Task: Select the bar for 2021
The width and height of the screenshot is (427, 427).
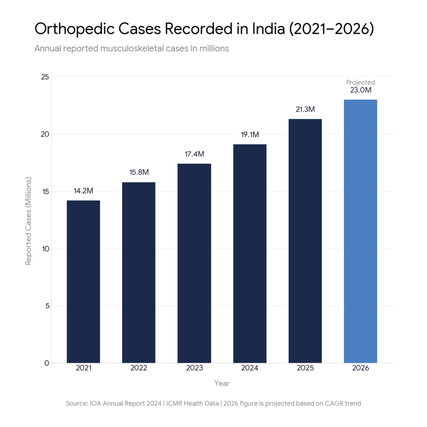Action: point(83,281)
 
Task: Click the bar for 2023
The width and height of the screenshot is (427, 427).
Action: point(194,263)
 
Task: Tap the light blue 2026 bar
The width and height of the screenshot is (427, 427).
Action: point(360,231)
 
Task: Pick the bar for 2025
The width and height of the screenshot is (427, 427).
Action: point(305,241)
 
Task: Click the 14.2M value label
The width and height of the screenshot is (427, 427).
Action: point(83,191)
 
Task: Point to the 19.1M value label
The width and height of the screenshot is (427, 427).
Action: point(249,135)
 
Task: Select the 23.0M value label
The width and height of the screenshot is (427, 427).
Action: point(361,90)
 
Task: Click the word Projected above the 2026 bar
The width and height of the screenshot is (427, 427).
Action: point(361,83)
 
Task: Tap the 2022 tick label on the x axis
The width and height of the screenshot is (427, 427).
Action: point(139,368)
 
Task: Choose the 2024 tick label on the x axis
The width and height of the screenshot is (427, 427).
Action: point(249,368)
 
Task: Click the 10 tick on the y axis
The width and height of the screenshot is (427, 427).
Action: point(45,249)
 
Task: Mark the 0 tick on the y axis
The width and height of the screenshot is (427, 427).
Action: point(47,363)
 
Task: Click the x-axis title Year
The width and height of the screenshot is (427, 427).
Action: point(222,383)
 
